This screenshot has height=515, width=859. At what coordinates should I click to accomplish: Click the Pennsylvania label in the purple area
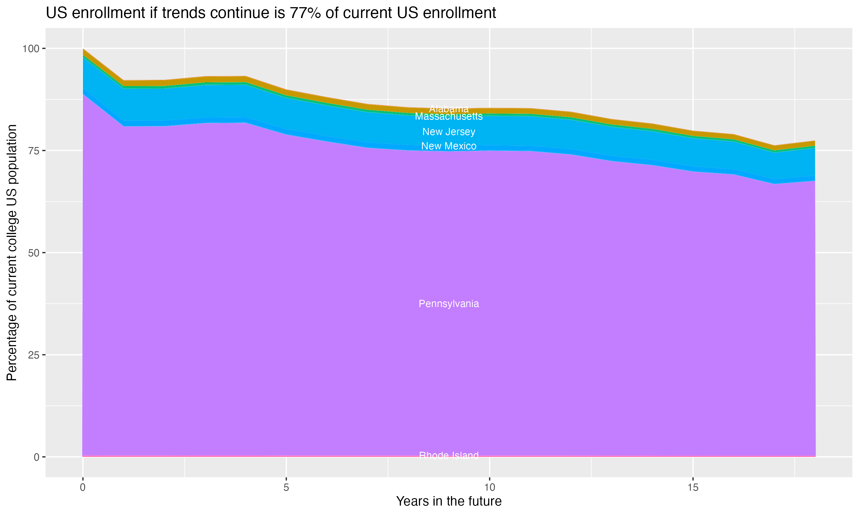point(449,304)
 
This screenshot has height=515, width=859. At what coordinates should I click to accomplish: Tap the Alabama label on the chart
point(449,109)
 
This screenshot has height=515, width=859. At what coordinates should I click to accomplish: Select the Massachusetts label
point(449,117)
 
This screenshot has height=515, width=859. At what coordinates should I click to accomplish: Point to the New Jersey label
point(449,132)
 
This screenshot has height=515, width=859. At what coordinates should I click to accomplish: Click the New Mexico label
point(449,146)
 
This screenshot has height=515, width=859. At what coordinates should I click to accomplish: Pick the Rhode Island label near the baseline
point(449,455)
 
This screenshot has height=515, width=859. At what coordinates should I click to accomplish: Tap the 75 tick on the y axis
point(34,150)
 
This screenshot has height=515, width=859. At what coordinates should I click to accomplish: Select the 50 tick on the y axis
point(34,253)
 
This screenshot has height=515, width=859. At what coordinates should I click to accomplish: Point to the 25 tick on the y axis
point(34,355)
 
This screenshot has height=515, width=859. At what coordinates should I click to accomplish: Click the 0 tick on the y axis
point(36,457)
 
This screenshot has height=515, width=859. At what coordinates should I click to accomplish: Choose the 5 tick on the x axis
point(286,488)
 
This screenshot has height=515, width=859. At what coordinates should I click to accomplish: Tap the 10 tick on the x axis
point(489,488)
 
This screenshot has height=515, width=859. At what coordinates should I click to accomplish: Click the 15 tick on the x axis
point(693,488)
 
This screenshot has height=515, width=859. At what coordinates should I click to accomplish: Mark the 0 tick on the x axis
point(83,488)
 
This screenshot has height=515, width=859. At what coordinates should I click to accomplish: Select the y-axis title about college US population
point(12,253)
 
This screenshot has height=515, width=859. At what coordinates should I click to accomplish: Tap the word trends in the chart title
point(183,13)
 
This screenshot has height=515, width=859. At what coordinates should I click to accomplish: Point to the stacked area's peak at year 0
point(83,49)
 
